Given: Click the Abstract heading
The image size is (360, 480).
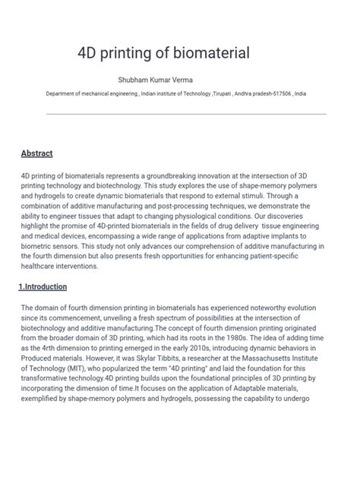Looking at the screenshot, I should coord(36,153).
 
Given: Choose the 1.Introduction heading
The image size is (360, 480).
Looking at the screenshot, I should coord(43,287).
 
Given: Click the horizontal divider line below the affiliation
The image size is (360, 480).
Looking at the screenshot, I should coord(186,115).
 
